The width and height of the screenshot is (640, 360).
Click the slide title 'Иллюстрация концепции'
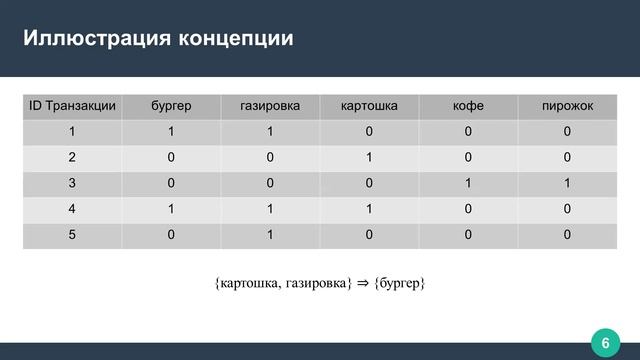[159, 40]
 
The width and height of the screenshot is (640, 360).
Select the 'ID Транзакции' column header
[71, 105]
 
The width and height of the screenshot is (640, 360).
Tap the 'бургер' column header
[171, 105]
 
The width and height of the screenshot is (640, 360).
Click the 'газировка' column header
[270, 105]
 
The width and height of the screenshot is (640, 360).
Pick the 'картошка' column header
[369, 105]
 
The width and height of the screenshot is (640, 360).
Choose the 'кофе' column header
[468, 105]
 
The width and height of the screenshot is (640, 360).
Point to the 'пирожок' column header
[567, 105]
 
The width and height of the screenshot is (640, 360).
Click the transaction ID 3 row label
[71, 183]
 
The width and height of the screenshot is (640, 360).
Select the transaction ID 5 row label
[71, 235]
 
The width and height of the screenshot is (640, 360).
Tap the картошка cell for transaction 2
[369, 157]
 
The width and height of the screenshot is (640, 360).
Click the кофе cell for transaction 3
[468, 183]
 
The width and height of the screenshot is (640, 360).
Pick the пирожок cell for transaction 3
[567, 183]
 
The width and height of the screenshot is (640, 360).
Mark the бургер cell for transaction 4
[171, 209]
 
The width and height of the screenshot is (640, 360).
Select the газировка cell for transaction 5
[270, 235]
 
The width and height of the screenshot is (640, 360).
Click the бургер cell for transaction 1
[171, 131]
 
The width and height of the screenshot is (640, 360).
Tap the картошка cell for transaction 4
[369, 209]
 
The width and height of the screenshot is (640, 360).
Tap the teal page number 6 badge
[604, 343]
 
